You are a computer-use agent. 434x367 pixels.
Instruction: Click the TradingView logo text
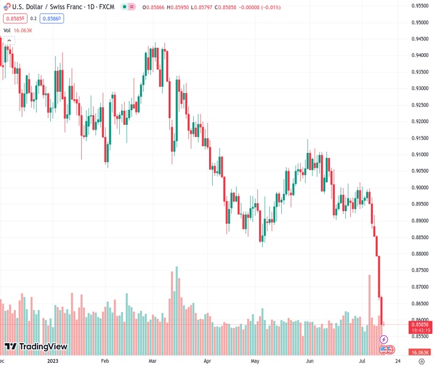43,347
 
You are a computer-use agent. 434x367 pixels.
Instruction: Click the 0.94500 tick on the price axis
419,39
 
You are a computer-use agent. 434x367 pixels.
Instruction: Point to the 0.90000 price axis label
419,188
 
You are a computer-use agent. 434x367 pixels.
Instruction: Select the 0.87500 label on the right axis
419,270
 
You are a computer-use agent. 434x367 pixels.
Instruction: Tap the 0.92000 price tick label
419,121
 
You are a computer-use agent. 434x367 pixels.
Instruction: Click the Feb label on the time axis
105,361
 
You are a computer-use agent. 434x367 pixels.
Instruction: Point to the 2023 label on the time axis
54,361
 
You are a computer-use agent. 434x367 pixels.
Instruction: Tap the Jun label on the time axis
310,361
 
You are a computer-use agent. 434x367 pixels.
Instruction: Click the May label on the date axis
256,361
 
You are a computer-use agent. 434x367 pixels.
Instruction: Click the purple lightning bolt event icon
384,339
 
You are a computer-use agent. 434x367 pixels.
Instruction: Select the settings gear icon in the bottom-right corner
421,361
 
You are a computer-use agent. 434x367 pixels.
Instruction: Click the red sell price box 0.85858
12,18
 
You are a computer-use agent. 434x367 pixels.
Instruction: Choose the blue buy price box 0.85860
52,18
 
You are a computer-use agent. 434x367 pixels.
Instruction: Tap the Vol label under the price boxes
7,29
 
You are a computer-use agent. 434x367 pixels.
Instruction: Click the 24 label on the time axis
398,361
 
